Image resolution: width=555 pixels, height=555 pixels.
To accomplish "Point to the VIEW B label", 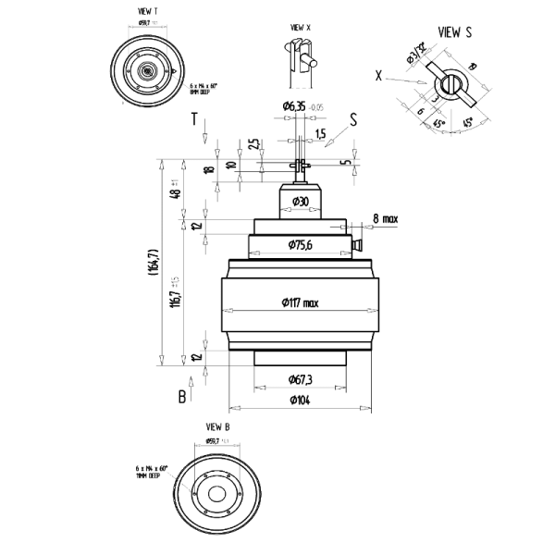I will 216,426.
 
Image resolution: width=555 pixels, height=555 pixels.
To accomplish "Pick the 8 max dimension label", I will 384,218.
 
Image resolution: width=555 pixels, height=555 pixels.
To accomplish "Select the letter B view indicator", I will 183,395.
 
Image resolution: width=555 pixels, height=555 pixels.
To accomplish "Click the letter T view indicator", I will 194,119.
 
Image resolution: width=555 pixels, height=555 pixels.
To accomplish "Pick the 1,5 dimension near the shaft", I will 320,134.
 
